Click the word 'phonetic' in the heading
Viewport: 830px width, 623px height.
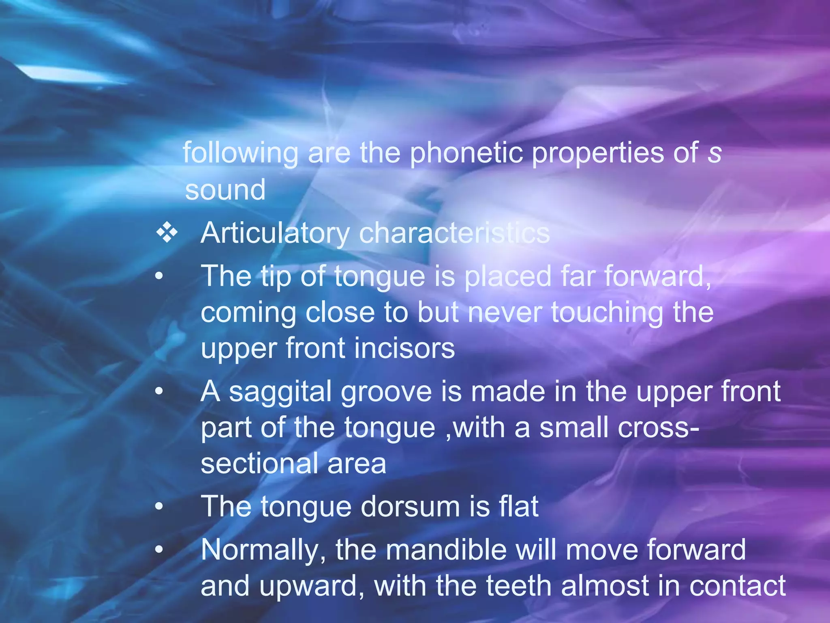point(466,153)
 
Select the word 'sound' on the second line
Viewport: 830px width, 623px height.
point(225,190)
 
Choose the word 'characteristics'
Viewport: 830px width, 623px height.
point(454,233)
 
